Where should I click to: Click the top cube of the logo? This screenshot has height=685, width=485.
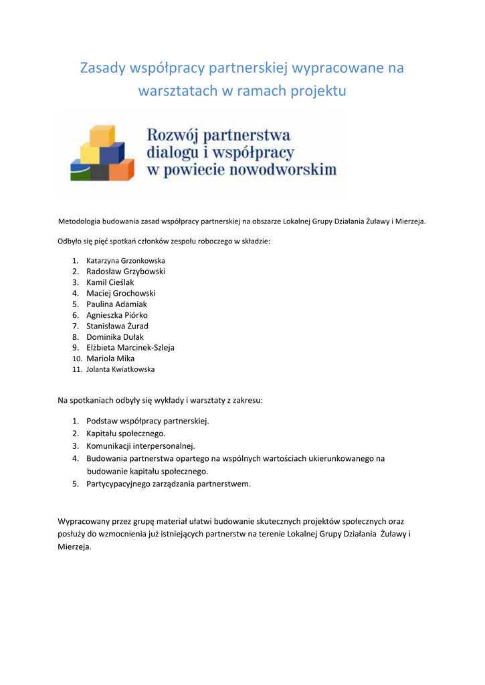click(x=102, y=136)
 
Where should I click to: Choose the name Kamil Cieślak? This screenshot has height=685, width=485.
click(x=110, y=282)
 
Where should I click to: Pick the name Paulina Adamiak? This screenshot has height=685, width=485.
click(x=116, y=304)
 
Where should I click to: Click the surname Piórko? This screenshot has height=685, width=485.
click(x=136, y=315)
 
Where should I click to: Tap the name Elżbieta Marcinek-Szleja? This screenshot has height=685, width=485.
click(x=130, y=348)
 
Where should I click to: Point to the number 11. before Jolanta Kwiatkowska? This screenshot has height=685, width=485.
click(x=76, y=369)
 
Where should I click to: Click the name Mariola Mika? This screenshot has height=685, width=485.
click(x=110, y=359)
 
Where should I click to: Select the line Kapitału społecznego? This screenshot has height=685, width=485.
click(x=126, y=433)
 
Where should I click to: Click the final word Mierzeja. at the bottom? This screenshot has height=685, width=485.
click(x=75, y=546)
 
